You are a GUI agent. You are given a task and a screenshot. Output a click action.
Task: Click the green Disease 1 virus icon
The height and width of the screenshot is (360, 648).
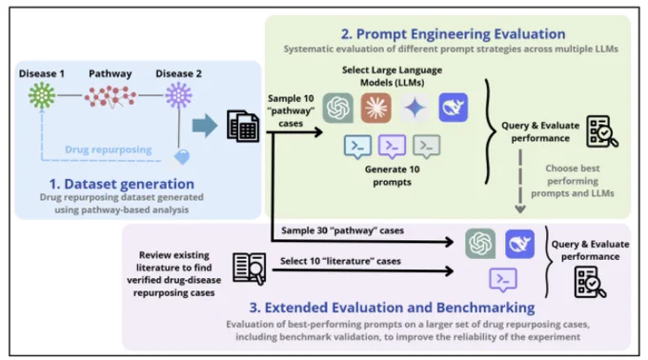tap(42, 95)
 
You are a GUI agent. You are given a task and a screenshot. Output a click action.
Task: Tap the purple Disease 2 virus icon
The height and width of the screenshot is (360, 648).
tap(178, 95)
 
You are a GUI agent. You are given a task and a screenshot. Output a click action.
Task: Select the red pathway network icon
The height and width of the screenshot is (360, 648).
tap(111, 96)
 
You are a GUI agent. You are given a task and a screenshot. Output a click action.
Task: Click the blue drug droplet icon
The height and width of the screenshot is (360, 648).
tap(182, 157)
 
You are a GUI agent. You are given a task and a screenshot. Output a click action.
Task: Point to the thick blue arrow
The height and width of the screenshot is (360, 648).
tap(205, 126)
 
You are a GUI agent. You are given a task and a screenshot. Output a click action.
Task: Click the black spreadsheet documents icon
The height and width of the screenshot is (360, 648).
tap(243, 126)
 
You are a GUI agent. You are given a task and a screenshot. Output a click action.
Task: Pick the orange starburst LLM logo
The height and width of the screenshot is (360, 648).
tap(375, 109)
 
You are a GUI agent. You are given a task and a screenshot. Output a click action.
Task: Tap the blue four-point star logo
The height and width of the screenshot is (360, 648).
tap(415, 109)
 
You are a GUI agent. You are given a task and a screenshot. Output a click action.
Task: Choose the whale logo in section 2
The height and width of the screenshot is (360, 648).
tap(453, 108)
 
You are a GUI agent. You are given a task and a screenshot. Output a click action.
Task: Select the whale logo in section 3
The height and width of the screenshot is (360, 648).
tap(519, 244)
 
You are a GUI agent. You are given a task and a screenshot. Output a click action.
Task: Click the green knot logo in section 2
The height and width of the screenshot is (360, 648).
tap(338, 109)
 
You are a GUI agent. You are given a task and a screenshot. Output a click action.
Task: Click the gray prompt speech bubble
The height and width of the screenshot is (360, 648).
tap(426, 147)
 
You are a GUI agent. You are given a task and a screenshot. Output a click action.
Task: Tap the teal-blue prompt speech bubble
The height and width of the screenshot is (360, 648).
tap(357, 147)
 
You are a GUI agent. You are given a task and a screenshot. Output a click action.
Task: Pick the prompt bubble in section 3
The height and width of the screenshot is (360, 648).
tap(502, 280)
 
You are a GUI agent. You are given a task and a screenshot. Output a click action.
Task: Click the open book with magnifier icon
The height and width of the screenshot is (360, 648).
tap(250, 269)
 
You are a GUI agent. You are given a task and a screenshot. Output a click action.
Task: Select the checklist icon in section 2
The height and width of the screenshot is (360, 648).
tap(602, 131)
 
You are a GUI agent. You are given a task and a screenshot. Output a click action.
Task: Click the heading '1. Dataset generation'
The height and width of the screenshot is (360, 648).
tap(122, 184)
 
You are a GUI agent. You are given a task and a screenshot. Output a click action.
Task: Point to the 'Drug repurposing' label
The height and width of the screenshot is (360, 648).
tap(109, 150)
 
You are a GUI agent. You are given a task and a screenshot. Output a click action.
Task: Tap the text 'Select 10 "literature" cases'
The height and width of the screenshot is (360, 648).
tap(340, 261)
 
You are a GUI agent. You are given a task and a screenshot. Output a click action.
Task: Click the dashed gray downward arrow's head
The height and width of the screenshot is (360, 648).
tap(520, 210)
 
